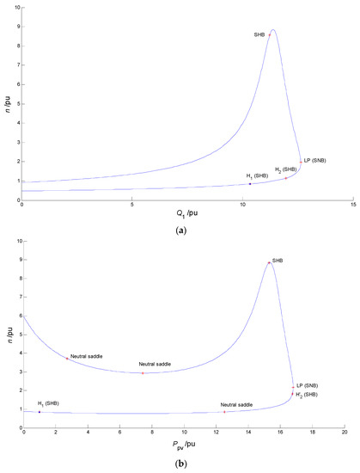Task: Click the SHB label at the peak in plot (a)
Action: coord(259,34)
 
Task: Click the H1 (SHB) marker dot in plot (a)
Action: coord(250,183)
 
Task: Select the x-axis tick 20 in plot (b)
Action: coord(344,432)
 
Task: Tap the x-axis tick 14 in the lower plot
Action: coord(247,432)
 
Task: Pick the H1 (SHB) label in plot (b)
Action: coord(48,403)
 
